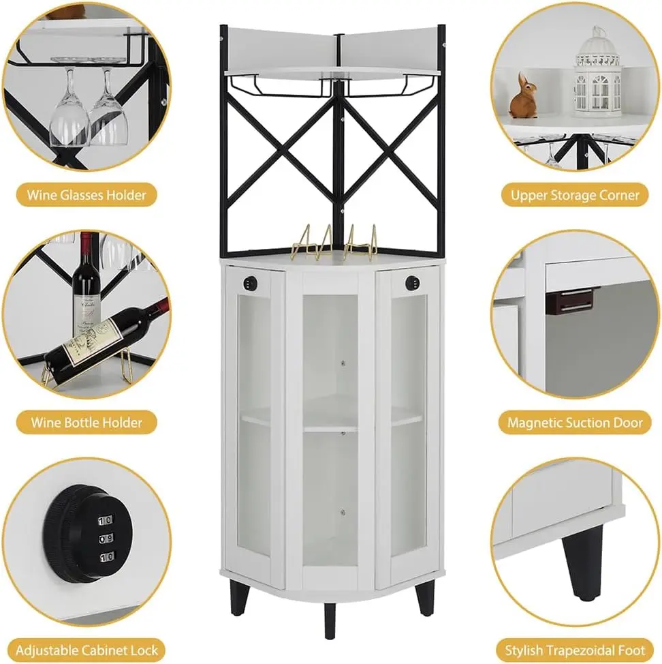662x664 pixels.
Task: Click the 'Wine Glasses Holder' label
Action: (x=86, y=195)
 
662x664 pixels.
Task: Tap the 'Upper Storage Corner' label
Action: (x=575, y=195)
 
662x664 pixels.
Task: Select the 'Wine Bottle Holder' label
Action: (x=86, y=422)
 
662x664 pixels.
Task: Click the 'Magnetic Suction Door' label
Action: (x=575, y=422)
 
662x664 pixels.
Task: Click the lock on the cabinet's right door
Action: (x=411, y=282)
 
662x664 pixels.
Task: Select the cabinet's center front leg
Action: (x=330, y=620)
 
